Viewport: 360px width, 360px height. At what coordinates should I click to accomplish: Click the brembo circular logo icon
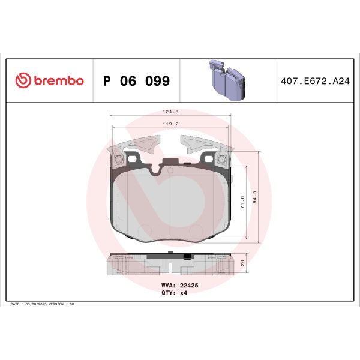click(22, 80)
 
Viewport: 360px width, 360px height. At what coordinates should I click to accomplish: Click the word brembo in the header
click(58, 80)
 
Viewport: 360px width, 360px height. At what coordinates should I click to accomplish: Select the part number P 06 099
click(137, 81)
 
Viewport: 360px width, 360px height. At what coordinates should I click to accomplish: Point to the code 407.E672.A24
click(314, 81)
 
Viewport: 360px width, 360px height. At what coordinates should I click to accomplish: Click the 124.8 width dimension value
click(174, 112)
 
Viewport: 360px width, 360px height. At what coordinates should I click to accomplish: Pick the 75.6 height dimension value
click(242, 201)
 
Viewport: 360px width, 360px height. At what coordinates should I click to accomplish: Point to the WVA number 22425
click(189, 286)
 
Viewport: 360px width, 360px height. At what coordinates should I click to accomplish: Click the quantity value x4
click(183, 293)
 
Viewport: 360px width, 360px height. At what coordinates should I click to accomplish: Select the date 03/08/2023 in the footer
click(37, 305)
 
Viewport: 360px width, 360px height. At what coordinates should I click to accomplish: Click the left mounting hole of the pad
click(118, 159)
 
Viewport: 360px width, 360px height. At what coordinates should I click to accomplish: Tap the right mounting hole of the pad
click(220, 159)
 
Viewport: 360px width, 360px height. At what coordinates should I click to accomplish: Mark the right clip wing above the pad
click(201, 146)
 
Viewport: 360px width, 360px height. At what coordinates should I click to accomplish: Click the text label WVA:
click(168, 286)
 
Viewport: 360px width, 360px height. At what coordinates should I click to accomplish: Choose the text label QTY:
click(168, 293)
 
